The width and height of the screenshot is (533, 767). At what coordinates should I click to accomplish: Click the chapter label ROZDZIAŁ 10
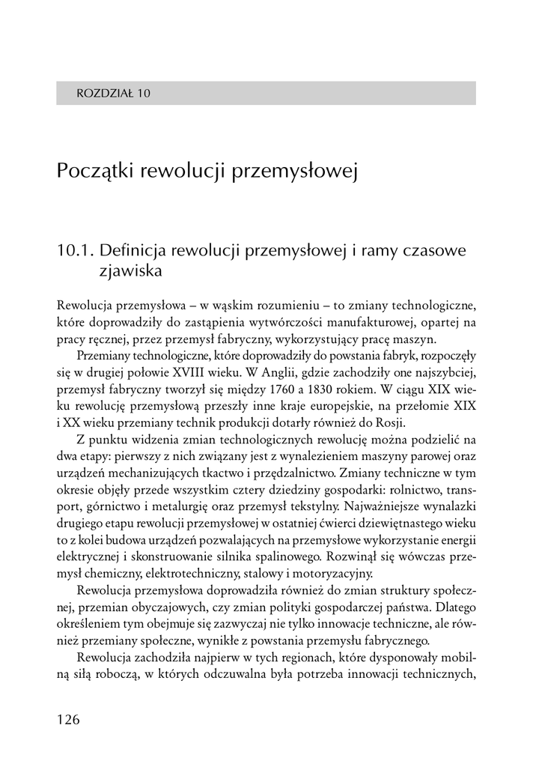(x=114, y=94)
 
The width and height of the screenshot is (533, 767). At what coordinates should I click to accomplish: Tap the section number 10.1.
(x=74, y=250)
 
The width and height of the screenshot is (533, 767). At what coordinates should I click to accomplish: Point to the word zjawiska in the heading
(x=130, y=270)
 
